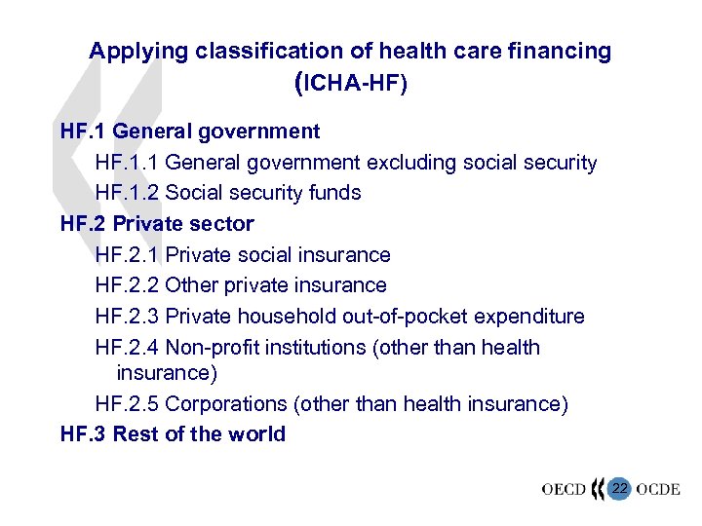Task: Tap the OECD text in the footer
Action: pyautogui.click(x=565, y=489)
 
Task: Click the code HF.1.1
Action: pyautogui.click(x=127, y=163)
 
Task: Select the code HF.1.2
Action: pyautogui.click(x=127, y=193)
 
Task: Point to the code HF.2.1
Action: pyautogui.click(x=127, y=255)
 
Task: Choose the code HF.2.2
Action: pyautogui.click(x=127, y=285)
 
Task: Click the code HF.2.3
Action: pyautogui.click(x=127, y=317)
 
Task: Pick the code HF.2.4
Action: pyautogui.click(x=127, y=348)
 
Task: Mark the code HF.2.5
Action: pyautogui.click(x=127, y=403)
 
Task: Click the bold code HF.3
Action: pyautogui.click(x=83, y=434)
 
